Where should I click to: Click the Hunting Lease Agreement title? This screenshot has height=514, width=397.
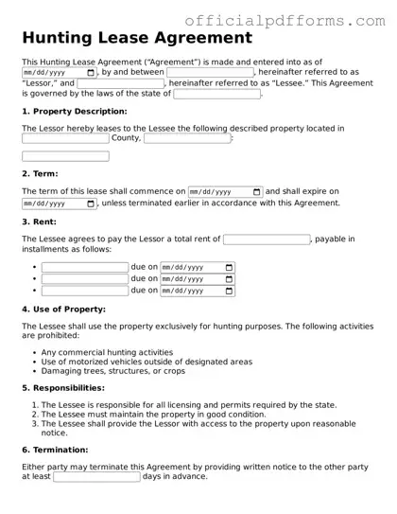tap(137, 38)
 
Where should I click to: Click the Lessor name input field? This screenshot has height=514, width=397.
tap(211, 72)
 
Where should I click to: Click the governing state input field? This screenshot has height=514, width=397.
tap(216, 94)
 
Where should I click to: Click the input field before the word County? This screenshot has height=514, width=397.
tap(65, 138)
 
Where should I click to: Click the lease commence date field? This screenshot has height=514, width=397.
tap(225, 191)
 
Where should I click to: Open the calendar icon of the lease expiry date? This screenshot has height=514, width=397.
tap(90, 203)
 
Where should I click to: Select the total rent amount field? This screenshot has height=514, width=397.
tap(266, 239)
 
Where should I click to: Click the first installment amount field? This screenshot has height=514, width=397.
tap(84, 268)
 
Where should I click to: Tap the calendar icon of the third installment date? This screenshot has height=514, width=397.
tap(229, 291)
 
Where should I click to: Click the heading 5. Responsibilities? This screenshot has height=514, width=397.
tap(62, 388)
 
